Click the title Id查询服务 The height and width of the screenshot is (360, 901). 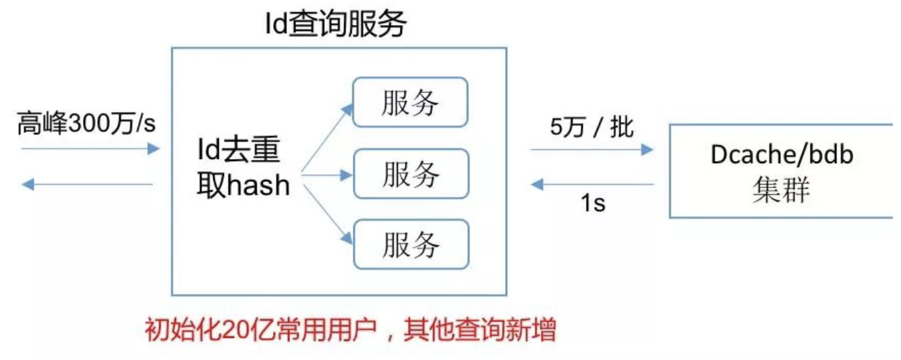pyautogui.click(x=336, y=26)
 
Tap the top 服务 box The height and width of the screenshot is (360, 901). pyautogui.click(x=411, y=102)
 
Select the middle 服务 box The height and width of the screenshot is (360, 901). pyautogui.click(x=411, y=174)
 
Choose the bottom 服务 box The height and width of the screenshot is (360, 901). pyautogui.click(x=411, y=244)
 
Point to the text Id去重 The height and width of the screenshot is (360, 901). pyautogui.click(x=237, y=151)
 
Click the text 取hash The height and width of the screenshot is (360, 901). pyautogui.click(x=243, y=185)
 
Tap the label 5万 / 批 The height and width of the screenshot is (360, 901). pyautogui.click(x=591, y=127)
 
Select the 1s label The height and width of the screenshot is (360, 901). pyautogui.click(x=593, y=202)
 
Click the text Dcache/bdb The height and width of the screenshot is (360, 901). pyautogui.click(x=782, y=155)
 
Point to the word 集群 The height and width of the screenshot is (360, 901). pyautogui.click(x=781, y=191)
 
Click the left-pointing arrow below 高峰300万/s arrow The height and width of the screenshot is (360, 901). pyautogui.click(x=88, y=183)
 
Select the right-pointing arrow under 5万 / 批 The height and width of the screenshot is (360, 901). pyautogui.click(x=591, y=149)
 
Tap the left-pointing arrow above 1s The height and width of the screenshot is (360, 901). pyautogui.click(x=591, y=183)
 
